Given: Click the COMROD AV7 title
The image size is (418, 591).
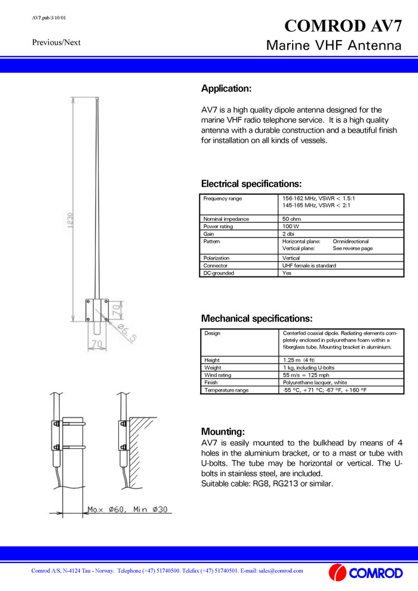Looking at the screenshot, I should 348,26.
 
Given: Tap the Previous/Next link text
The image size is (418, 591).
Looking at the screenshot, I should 56,42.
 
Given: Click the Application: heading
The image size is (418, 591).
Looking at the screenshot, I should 226,89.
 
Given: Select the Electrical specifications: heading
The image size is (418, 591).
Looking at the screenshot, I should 251,184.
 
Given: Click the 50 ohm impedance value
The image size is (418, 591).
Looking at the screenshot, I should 291,219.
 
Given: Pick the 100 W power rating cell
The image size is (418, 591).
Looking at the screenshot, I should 291,227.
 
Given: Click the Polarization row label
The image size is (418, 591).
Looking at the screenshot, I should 216,258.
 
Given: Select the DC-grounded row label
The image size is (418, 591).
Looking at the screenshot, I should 219,273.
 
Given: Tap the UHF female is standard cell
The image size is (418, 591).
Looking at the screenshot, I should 309,266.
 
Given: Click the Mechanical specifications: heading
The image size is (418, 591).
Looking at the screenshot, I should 257,319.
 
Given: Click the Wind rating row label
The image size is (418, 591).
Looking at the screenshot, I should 217,375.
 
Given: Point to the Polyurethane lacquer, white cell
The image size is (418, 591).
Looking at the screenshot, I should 315,383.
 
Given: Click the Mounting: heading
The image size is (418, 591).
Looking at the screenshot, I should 223,432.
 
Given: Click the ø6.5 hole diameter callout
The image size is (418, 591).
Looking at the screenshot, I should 127,334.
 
